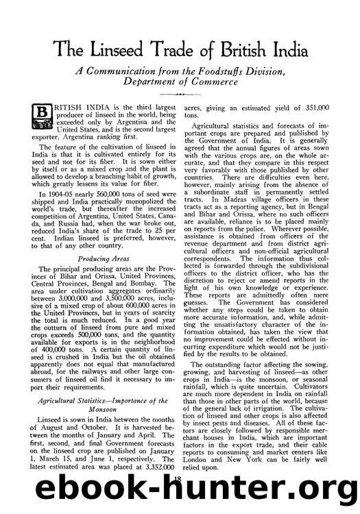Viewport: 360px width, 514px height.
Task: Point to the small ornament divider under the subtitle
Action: click(x=180, y=95)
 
